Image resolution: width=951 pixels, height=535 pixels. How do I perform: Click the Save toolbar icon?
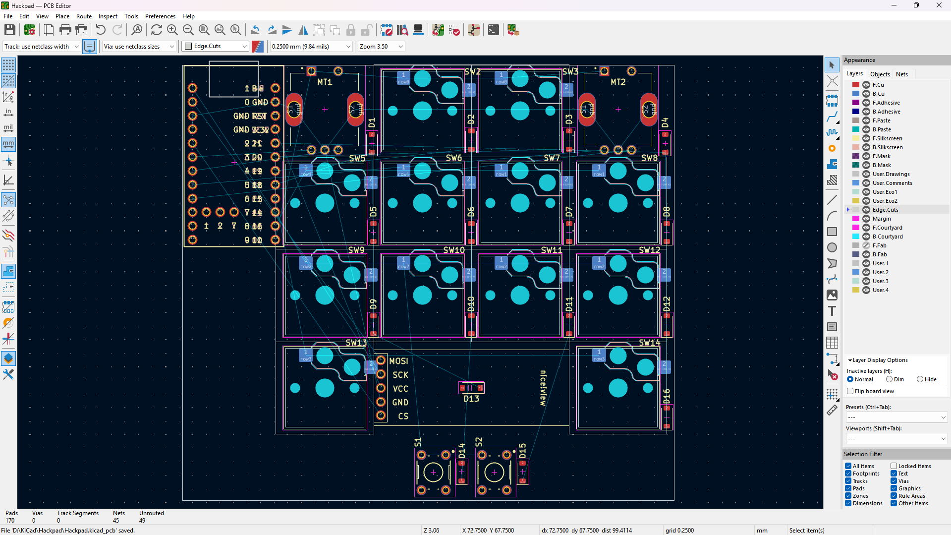(x=9, y=30)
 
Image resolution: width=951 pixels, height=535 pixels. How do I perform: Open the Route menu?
(x=84, y=16)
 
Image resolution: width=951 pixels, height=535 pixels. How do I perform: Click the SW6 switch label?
(x=453, y=158)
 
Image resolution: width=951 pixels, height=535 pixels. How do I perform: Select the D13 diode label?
(x=471, y=399)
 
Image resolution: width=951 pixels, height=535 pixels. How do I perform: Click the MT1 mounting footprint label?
(x=325, y=82)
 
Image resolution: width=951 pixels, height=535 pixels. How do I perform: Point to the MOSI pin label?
(x=398, y=361)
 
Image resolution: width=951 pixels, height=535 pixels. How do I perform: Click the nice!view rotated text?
(x=543, y=388)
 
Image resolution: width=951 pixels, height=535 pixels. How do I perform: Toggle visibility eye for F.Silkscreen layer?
(x=866, y=138)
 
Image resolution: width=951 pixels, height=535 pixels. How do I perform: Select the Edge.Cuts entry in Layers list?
(x=886, y=210)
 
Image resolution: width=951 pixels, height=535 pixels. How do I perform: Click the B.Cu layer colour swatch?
(x=856, y=94)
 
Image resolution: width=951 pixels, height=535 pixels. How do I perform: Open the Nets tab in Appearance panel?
(x=902, y=74)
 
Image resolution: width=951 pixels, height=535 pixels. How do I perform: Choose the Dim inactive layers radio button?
(x=890, y=379)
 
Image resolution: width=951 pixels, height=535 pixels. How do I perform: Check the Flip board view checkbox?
(x=850, y=391)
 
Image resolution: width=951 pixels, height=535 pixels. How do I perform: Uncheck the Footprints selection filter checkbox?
(x=848, y=474)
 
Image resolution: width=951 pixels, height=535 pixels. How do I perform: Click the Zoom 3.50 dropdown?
(x=381, y=47)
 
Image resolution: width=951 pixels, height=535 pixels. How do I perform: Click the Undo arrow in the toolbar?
(x=101, y=30)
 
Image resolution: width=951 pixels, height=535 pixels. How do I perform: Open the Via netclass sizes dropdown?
(x=139, y=47)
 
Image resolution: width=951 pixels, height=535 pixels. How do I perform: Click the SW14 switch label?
(x=649, y=343)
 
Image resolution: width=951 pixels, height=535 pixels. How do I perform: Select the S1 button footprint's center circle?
(x=433, y=473)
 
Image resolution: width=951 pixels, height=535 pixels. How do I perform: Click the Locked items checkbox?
(x=894, y=466)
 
